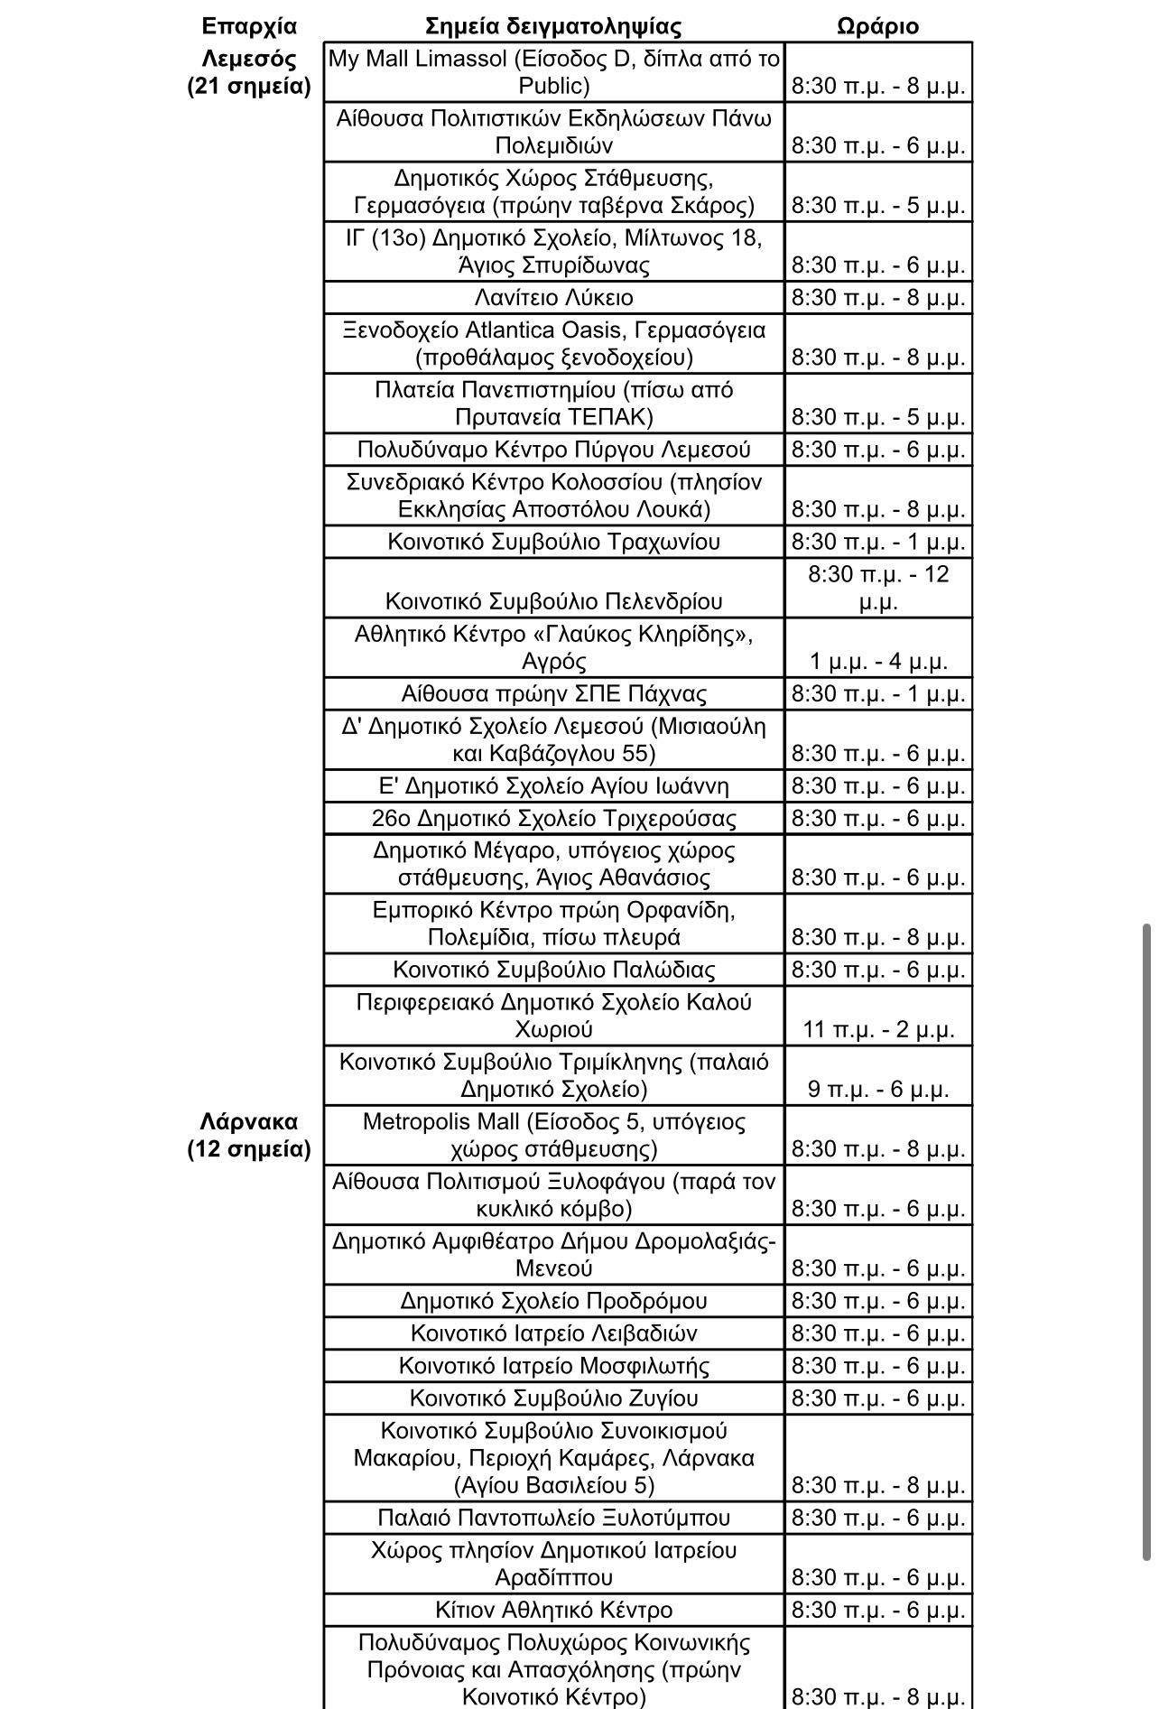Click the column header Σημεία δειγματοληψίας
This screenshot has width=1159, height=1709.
pos(552,25)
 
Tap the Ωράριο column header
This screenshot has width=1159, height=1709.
pos(877,25)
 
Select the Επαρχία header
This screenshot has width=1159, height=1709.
pos(249,25)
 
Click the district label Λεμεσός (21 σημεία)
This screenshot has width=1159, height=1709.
pos(249,72)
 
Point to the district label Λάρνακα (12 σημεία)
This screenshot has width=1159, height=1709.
pos(249,1135)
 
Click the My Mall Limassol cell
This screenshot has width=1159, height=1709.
pos(553,72)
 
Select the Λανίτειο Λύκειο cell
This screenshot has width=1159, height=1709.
pos(553,297)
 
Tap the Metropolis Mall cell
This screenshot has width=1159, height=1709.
pos(553,1135)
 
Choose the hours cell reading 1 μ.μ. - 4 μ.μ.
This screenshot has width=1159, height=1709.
pos(877,661)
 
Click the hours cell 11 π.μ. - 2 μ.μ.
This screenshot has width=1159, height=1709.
pos(877,1028)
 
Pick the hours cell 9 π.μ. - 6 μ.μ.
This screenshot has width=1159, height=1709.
pos(877,1088)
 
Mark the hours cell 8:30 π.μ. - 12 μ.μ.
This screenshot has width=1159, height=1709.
pos(877,587)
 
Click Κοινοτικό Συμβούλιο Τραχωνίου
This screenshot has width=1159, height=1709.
pos(553,542)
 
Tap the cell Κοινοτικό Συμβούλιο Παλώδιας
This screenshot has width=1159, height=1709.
pos(553,970)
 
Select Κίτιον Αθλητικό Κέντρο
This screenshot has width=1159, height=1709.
pos(553,1610)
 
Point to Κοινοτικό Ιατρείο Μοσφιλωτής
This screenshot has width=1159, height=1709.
pos(553,1366)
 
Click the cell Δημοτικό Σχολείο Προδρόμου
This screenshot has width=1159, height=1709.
pos(553,1301)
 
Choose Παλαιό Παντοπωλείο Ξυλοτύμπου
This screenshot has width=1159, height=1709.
pos(553,1518)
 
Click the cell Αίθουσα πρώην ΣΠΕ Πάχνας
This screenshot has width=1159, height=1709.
pos(553,693)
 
